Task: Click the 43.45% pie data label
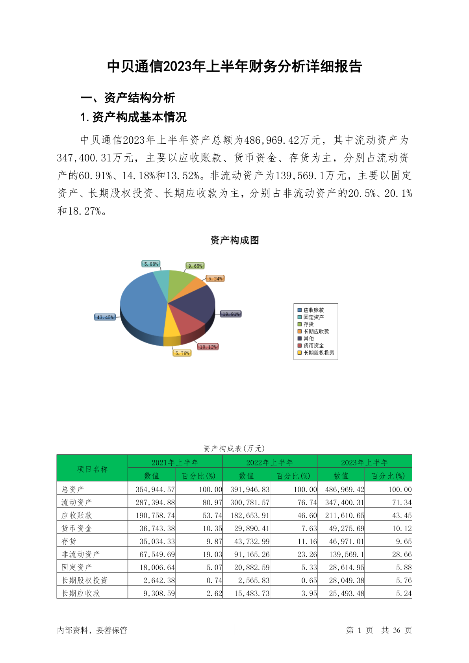click(105, 317)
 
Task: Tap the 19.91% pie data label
click(230, 314)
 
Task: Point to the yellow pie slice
click(171, 327)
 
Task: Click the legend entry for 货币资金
click(313, 346)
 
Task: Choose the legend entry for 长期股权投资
click(319, 353)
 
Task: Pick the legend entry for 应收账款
click(313, 310)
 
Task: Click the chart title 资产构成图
click(234, 240)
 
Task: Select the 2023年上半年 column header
click(364, 462)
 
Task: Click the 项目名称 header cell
click(92, 469)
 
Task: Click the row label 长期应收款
click(81, 593)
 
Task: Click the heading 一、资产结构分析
click(128, 98)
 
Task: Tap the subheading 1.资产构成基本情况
click(133, 117)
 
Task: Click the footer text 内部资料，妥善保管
click(92, 630)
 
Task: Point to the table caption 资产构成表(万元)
click(234, 448)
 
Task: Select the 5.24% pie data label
click(215, 279)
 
